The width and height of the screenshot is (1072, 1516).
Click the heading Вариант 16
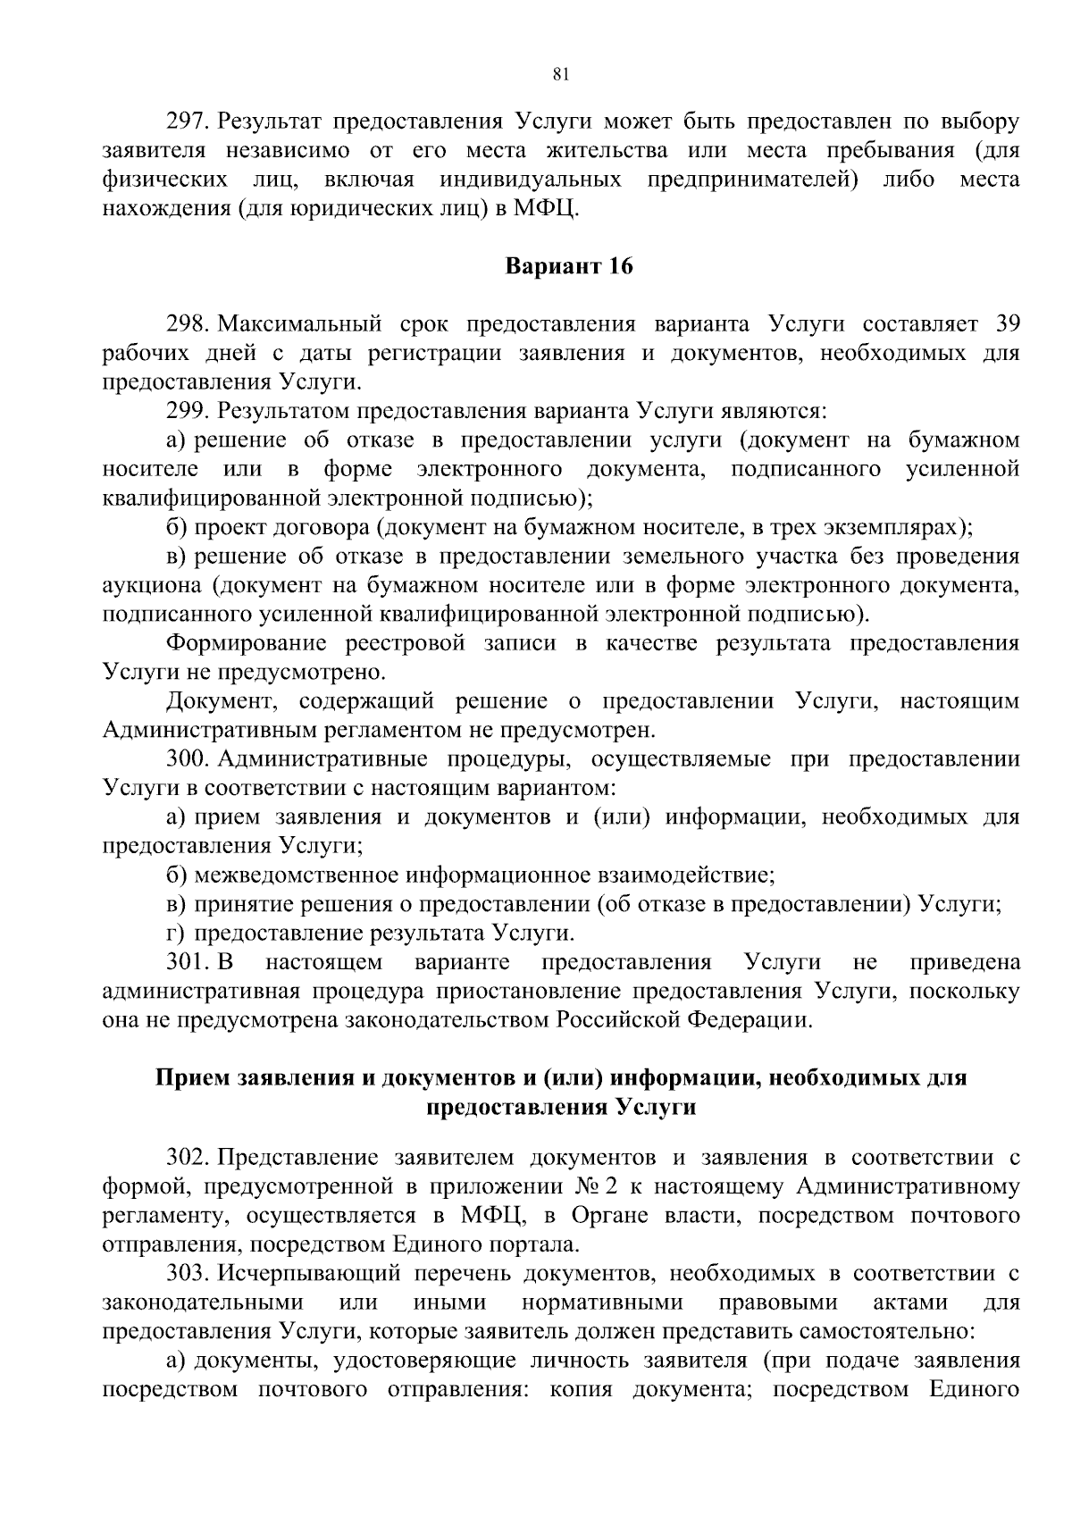coord(569,266)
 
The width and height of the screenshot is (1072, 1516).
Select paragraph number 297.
coord(187,121)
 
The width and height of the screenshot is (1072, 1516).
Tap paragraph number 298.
coord(187,323)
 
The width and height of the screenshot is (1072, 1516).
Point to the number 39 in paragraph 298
coord(1007,323)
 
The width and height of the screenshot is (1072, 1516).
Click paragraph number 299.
coord(187,411)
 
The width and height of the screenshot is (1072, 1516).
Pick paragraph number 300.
coord(187,759)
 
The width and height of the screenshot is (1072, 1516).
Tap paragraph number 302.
coord(187,1159)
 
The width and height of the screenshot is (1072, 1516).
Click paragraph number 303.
coord(187,1272)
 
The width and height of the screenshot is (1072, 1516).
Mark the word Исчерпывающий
coord(299,1272)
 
